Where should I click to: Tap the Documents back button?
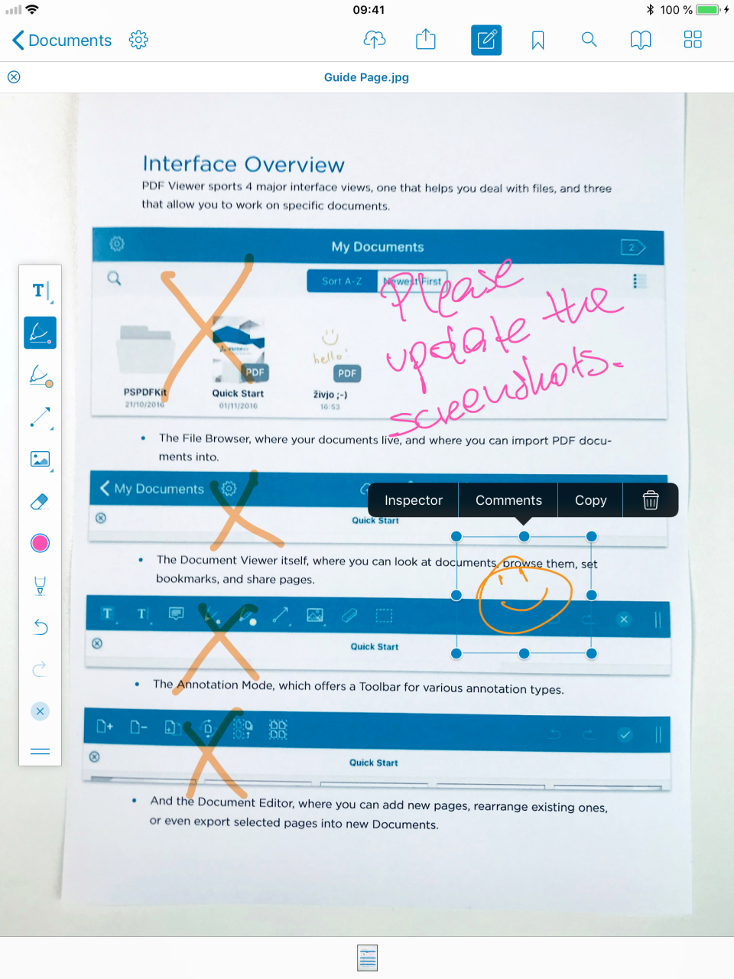point(61,40)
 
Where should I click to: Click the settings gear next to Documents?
point(138,40)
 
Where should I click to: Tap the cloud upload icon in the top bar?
point(374,40)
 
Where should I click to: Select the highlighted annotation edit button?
point(486,40)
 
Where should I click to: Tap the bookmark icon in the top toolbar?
point(538,40)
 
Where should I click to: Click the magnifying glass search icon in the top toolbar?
point(589,40)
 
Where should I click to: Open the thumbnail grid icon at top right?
point(693,40)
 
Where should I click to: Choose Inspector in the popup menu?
point(413,500)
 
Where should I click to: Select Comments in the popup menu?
point(508,500)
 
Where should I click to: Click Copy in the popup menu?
point(590,500)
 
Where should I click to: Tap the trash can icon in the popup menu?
point(651,500)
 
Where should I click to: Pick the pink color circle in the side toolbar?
point(40,543)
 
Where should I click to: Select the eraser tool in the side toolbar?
point(40,502)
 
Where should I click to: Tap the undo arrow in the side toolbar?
point(40,627)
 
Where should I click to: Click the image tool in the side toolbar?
point(40,460)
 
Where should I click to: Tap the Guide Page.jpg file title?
point(366,77)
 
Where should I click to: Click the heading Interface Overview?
point(243,164)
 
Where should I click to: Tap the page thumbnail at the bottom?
point(368,958)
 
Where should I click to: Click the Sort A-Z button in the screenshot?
point(342,281)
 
